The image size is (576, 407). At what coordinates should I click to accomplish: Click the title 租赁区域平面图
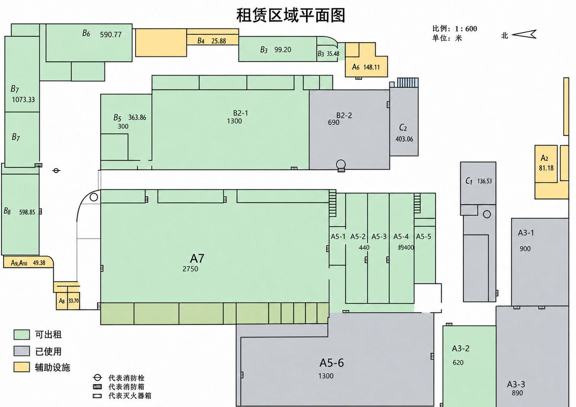coord(291,15)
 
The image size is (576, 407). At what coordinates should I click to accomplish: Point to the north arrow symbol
coord(524,34)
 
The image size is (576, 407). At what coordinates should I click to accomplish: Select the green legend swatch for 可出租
coord(22,335)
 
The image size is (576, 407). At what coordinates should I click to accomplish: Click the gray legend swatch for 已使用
coord(22,351)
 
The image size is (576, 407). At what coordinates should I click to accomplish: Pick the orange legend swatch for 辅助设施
coord(22,367)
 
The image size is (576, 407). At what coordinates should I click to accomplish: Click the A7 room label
coord(197,258)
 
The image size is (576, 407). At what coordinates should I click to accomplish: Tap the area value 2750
coord(190,269)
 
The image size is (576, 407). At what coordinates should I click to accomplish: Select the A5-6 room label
coord(332,363)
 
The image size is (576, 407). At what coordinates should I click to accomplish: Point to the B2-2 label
coord(344,115)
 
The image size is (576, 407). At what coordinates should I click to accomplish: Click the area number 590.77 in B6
coord(111,34)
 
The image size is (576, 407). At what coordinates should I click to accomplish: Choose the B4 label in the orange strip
coord(201,41)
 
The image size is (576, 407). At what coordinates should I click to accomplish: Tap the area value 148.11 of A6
coord(371,67)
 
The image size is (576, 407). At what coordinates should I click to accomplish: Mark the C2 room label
coord(403,127)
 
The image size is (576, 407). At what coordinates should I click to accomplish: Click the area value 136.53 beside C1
coord(485,181)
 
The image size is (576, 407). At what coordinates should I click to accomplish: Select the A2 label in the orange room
coord(544,158)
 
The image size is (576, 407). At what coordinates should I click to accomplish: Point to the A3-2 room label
coord(461,349)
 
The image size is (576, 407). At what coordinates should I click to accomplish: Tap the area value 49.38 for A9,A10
coord(39,263)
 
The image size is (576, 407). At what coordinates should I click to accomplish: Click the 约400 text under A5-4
coord(406,248)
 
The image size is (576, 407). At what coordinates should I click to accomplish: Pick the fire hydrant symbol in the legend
coord(97,378)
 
